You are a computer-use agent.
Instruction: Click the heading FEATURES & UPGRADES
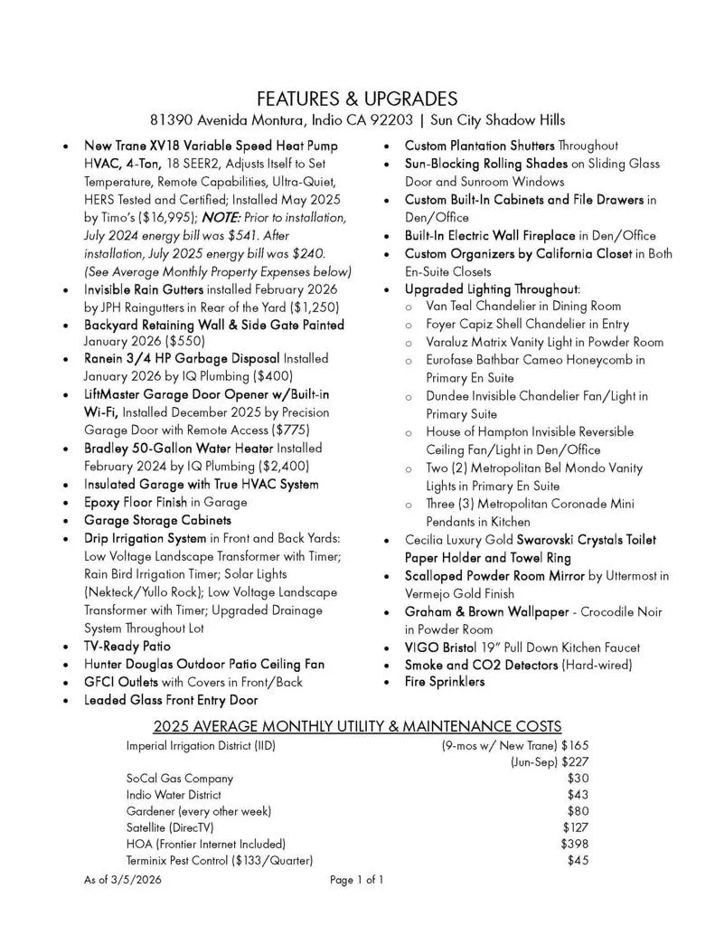pos(357,99)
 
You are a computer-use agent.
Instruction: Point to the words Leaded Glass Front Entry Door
pos(171,700)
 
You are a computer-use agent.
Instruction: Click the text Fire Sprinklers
pos(444,682)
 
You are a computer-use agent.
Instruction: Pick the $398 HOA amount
pos(574,843)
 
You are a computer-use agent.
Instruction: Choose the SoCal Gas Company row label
pos(179,778)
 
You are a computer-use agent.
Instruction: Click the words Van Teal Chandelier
pos(480,307)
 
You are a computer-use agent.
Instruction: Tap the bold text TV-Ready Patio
pos(127,647)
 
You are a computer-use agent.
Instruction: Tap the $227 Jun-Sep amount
pos(575,761)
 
